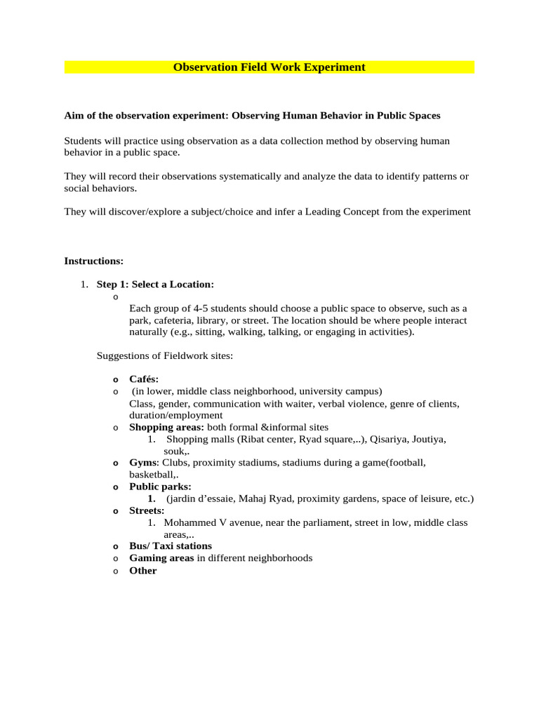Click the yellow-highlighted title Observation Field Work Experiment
269,67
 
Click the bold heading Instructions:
93,261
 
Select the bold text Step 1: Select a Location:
155,284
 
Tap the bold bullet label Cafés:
144,379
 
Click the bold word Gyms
144,463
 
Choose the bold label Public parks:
160,487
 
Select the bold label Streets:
147,510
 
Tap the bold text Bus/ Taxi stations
171,546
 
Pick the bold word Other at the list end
143,570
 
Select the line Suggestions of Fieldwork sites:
164,356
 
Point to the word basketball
152,475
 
